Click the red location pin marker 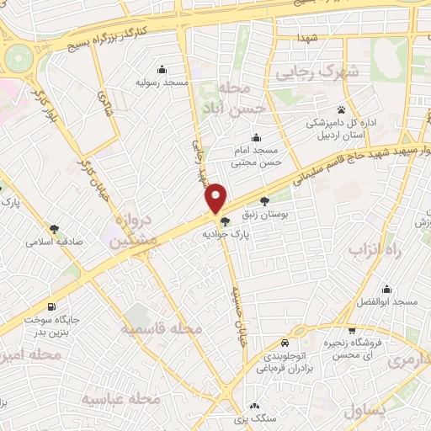pyautogui.click(x=216, y=197)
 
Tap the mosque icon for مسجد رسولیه pyautogui.click(x=162, y=70)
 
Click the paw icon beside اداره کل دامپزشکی pyautogui.click(x=341, y=109)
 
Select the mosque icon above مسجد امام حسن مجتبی pyautogui.click(x=256, y=138)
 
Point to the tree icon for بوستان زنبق pyautogui.click(x=265, y=201)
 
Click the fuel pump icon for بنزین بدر pyautogui.click(x=54, y=306)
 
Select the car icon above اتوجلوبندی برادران pyautogui.click(x=286, y=343)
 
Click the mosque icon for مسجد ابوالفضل pyautogui.click(x=386, y=289)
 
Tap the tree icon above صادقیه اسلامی pyautogui.click(x=55, y=228)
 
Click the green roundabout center pyautogui.click(x=18, y=59)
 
